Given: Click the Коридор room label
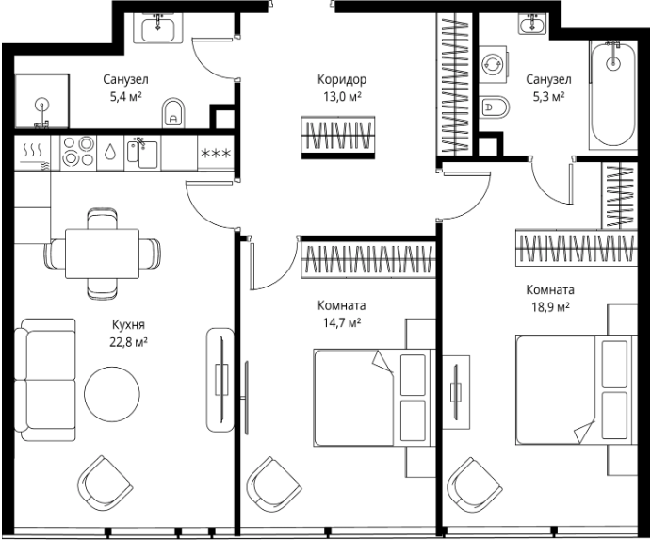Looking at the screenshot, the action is point(342,79).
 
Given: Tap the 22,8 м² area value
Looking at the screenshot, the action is point(129,342).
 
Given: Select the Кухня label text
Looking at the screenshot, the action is point(129,324).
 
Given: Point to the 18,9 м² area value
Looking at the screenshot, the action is point(550,307).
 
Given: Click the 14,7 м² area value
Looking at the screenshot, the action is point(342,322).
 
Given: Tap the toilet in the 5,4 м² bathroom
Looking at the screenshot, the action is point(173,113).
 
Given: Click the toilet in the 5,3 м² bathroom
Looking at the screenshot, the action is point(494,107).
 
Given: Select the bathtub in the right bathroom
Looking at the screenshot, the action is point(612,94).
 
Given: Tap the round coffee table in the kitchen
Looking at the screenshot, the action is point(112,394).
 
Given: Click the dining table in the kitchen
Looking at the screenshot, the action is point(102,254).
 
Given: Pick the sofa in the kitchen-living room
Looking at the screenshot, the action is point(45,380).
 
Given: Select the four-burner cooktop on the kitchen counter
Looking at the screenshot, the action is point(78,153).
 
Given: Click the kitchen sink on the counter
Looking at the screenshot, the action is point(142,154).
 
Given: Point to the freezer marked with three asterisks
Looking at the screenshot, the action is point(216,153).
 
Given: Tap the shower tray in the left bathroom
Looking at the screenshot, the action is point(42,101).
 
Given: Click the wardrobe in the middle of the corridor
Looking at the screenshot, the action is point(338,138).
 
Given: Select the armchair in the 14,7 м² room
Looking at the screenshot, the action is point(273,485).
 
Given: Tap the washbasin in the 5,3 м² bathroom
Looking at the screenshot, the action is point(532,24).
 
